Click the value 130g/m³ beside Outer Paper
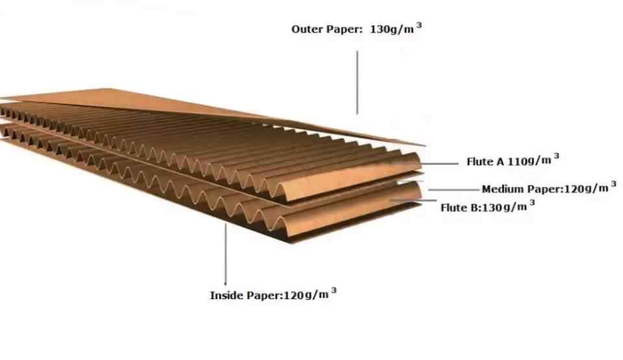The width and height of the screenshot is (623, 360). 392,30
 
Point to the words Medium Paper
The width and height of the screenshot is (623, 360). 521,189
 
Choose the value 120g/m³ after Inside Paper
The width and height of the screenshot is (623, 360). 306,295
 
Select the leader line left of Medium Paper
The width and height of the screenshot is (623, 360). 454,190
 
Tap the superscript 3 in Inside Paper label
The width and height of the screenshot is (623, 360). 334,291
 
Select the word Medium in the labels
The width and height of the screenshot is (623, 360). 502,189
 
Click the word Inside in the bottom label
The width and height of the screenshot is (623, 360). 226,296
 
